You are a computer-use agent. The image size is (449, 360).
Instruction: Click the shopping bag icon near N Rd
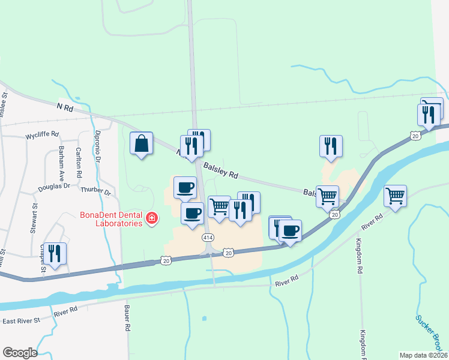pos(141,144)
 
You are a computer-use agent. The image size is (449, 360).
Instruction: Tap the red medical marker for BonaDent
pos(151,218)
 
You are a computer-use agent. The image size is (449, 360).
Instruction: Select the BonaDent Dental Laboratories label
pos(112,218)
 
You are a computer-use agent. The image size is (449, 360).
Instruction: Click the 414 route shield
pos(208,238)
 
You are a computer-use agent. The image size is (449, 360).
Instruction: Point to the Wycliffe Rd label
pos(42,135)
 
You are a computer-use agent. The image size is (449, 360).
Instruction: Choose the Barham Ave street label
pos(62,162)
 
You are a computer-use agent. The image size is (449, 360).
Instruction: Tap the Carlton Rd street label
pos(79,162)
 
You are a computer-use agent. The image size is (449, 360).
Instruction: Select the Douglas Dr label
pos(54,187)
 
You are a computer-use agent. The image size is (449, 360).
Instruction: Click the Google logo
pos(20,353)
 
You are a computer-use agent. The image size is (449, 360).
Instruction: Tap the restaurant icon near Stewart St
pos(55,254)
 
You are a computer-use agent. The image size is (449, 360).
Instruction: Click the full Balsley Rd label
pos(221,171)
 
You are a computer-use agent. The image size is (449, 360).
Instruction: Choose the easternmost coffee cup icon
pos(290,231)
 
